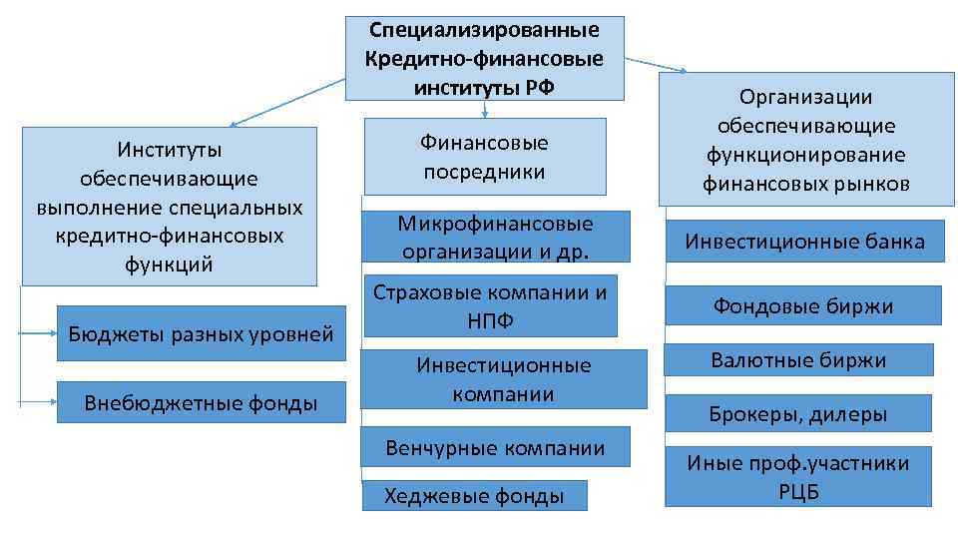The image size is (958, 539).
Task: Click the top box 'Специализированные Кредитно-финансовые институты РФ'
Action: (x=484, y=58)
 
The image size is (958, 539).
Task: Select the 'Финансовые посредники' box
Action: (x=485, y=157)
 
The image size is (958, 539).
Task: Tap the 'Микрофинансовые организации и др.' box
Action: (x=495, y=237)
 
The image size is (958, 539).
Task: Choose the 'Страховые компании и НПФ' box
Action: (x=489, y=305)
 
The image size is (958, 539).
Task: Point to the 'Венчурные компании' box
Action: (x=495, y=448)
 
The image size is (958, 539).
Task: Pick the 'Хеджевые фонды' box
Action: (x=474, y=496)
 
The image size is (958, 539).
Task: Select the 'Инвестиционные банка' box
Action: (x=804, y=242)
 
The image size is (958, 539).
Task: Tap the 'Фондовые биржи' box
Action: (x=803, y=305)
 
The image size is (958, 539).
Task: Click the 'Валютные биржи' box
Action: (x=798, y=359)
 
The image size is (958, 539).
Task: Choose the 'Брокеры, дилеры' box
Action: (x=798, y=413)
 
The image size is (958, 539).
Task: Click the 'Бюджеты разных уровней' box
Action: (x=201, y=332)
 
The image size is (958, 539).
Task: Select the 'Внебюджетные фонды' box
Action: (x=201, y=403)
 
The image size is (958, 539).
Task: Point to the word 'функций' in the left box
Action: (x=170, y=264)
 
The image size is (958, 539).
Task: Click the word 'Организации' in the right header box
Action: (x=805, y=97)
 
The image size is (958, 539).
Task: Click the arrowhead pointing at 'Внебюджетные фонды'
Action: (x=54, y=403)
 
